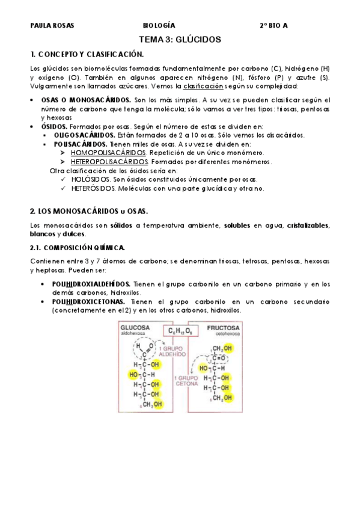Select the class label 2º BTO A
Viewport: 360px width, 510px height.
point(273,26)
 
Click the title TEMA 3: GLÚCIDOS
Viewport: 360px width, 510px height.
point(180,39)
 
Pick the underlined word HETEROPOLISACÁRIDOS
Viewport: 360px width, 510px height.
point(110,162)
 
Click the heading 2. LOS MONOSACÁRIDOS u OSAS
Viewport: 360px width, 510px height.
point(88,212)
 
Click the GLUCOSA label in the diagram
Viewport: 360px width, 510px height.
point(135,328)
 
